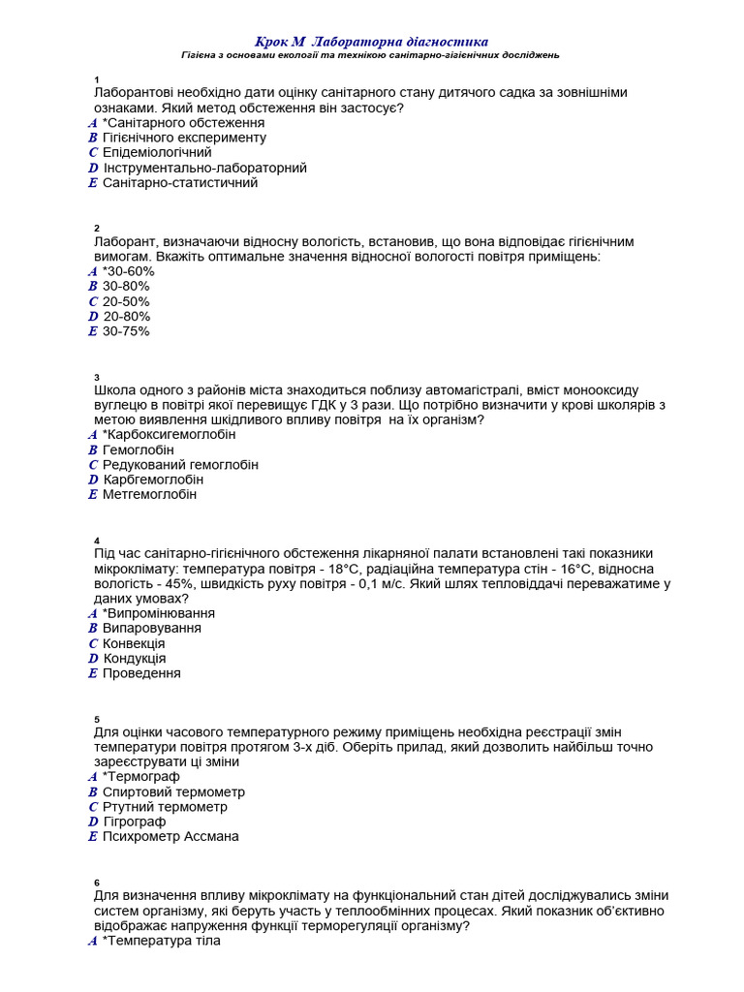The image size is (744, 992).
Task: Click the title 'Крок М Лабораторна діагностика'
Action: (x=371, y=42)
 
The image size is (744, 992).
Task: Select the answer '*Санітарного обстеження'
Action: (x=183, y=123)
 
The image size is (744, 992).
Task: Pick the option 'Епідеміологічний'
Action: (x=157, y=152)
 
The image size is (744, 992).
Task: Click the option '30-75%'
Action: (x=126, y=331)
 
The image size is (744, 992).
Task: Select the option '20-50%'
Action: (x=126, y=301)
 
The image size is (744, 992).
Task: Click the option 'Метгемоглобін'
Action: (x=149, y=494)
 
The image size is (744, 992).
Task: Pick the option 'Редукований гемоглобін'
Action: (x=180, y=465)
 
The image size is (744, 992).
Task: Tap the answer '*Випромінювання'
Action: (x=158, y=613)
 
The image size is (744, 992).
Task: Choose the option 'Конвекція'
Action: (x=134, y=643)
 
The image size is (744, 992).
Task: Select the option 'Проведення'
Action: (x=141, y=673)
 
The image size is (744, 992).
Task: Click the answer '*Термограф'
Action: (x=140, y=777)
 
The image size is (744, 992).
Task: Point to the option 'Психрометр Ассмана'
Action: (x=170, y=836)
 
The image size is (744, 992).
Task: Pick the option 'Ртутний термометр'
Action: (x=165, y=807)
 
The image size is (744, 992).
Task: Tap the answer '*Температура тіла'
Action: (x=161, y=941)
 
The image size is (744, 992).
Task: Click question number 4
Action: (x=97, y=540)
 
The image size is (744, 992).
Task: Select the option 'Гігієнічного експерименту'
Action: (x=184, y=138)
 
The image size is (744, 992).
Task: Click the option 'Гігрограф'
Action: (x=135, y=821)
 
